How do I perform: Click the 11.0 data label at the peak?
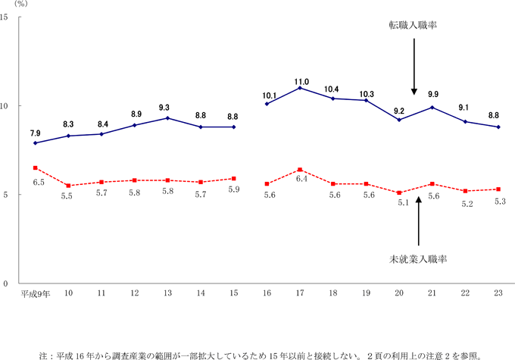[x=301, y=81]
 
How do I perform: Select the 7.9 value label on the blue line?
[x=36, y=133]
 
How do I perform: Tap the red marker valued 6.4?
[x=301, y=170]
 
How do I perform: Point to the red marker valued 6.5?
[x=36, y=167]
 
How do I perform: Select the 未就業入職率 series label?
[x=417, y=259]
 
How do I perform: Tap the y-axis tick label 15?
[x=5, y=17]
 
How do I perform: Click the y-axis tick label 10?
[x=5, y=106]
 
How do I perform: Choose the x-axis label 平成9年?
[x=36, y=293]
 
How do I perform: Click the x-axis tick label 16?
[x=267, y=293]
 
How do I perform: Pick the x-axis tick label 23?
[x=499, y=293]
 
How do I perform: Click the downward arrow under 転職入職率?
[x=414, y=64]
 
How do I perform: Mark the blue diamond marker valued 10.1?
[x=267, y=104]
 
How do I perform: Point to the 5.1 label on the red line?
[x=400, y=203]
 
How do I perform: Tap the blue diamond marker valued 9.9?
[x=433, y=107]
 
